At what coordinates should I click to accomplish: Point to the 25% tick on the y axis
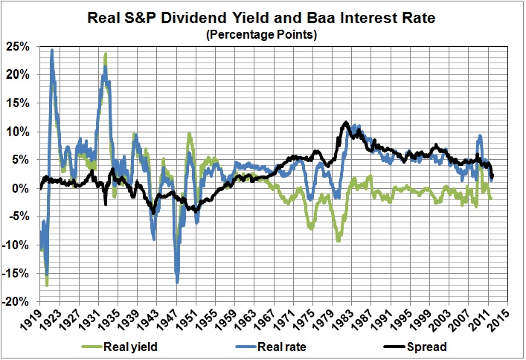[20, 46]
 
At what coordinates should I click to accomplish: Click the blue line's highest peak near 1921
[52, 51]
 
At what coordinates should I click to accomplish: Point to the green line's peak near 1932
[106, 54]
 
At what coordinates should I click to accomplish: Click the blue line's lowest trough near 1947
[177, 282]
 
